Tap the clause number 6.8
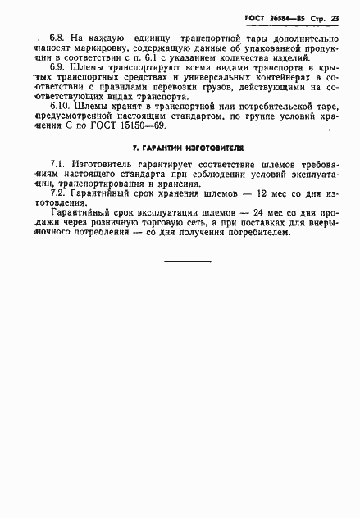[57, 38]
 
